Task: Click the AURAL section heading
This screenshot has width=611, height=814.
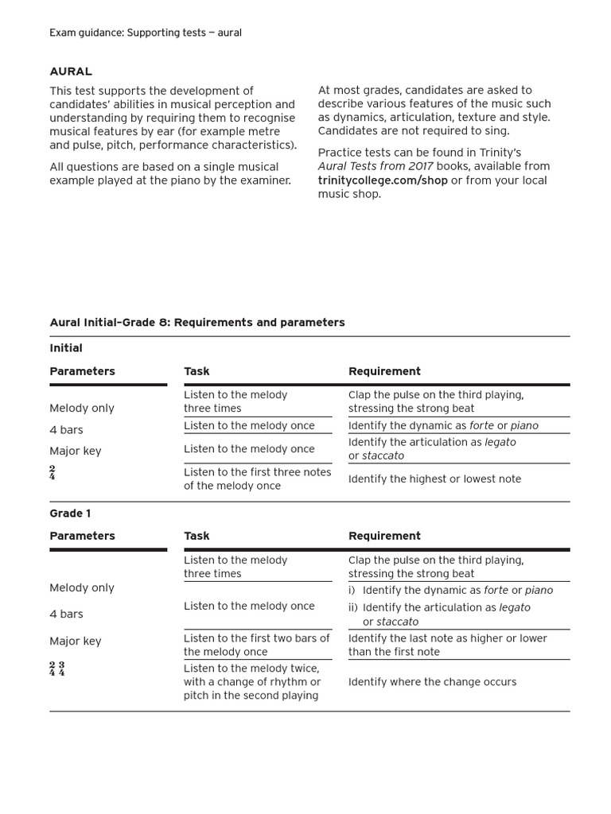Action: pyautogui.click(x=71, y=72)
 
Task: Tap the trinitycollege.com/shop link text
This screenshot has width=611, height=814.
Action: pyautogui.click(x=383, y=180)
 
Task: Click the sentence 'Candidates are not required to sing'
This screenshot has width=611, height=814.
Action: pyautogui.click(x=414, y=131)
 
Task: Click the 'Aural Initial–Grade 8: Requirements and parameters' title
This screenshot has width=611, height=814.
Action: pyautogui.click(x=197, y=323)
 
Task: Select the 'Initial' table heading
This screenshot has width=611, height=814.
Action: pyautogui.click(x=66, y=348)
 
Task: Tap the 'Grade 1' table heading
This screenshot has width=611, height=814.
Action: pyautogui.click(x=70, y=514)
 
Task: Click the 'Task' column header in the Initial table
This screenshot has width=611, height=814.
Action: pyautogui.click(x=197, y=371)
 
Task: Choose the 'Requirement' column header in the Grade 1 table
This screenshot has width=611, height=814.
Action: pyautogui.click(x=384, y=536)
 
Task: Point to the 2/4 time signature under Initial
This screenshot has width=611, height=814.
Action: pyautogui.click(x=53, y=474)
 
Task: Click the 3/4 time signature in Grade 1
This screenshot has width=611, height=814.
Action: pyautogui.click(x=62, y=669)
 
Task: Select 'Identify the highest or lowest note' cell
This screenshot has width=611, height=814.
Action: pyautogui.click(x=434, y=479)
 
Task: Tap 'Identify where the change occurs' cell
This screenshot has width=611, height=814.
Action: pyautogui.click(x=432, y=682)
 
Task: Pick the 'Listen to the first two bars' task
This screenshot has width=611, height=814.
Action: pyautogui.click(x=256, y=645)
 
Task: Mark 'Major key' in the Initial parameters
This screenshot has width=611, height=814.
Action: pyautogui.click(x=76, y=451)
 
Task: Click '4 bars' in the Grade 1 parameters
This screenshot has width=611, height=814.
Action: pyautogui.click(x=66, y=614)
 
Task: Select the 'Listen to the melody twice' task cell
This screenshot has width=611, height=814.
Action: pyautogui.click(x=251, y=682)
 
